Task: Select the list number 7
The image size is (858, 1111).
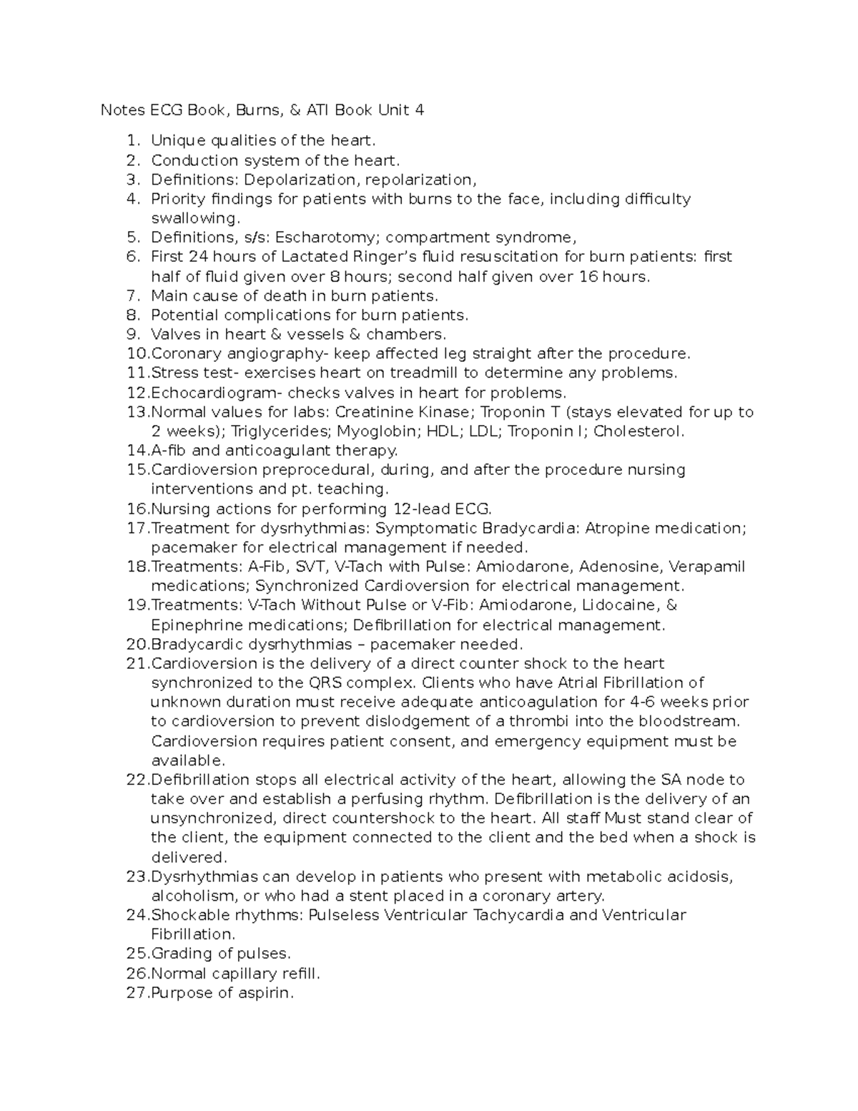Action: click(x=132, y=295)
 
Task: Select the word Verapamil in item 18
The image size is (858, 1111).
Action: click(x=707, y=567)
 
